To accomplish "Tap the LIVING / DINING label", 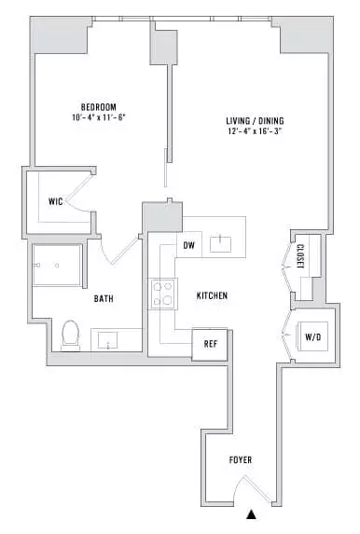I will click(255, 121).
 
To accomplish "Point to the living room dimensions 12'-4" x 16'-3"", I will click(255, 133).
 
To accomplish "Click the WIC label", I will click(55, 201).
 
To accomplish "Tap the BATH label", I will click(104, 300).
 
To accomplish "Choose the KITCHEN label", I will click(212, 295).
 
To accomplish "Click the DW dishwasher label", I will click(188, 245).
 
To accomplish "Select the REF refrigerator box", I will click(209, 342).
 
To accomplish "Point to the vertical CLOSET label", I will click(300, 258).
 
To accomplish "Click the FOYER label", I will click(241, 460).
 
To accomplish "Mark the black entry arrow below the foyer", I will click(250, 513).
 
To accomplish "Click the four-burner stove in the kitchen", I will click(163, 294).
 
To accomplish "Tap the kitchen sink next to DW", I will click(221, 244).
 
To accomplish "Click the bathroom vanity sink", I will click(108, 340).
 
